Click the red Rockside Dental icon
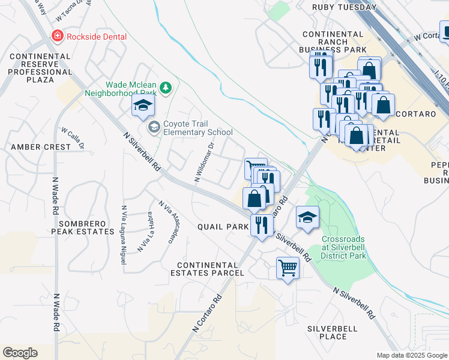click(58, 36)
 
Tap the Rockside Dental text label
click(96, 37)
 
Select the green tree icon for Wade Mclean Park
click(165, 88)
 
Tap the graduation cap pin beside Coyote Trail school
click(143, 107)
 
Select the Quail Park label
click(223, 227)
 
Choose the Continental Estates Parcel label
click(211, 269)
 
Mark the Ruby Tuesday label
click(345, 7)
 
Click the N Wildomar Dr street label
click(204, 161)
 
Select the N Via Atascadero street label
click(167, 222)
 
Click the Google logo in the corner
click(20, 352)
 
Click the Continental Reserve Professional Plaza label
click(40, 68)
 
